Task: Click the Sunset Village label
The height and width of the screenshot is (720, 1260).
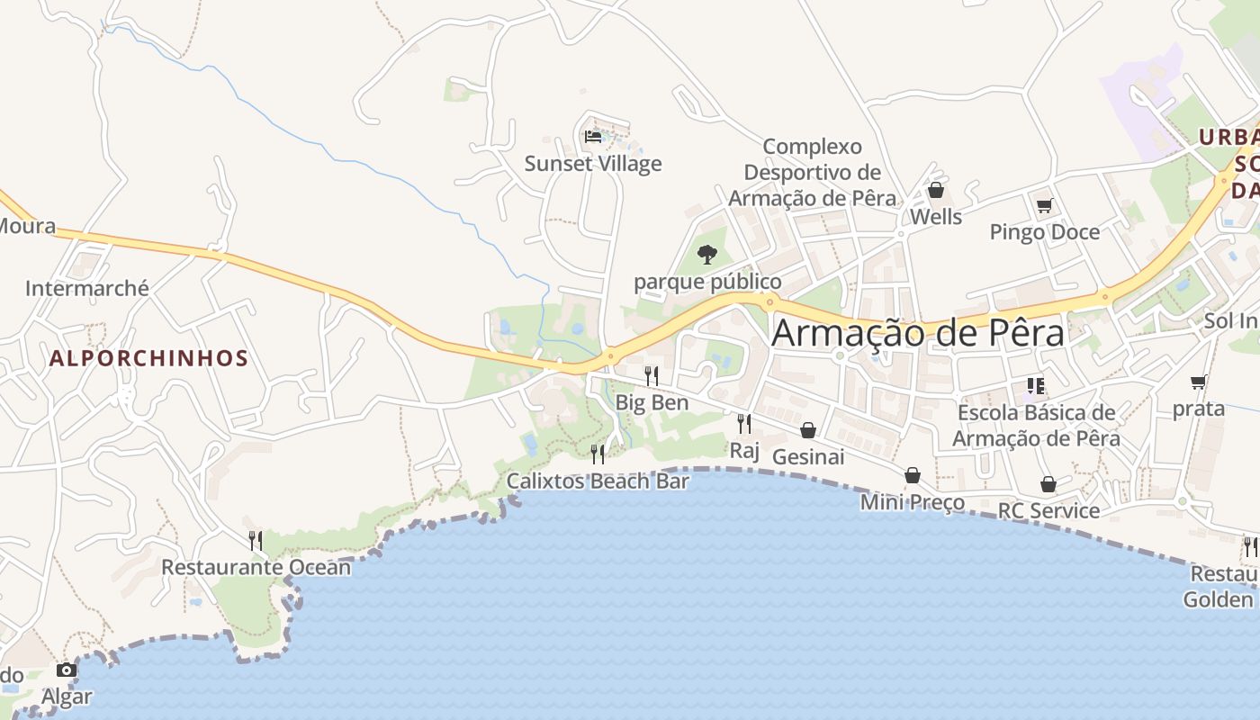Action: [593, 164]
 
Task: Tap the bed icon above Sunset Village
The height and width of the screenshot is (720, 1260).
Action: [593, 137]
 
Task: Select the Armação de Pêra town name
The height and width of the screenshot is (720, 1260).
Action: [918, 333]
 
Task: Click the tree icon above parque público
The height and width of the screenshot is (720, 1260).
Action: [707, 255]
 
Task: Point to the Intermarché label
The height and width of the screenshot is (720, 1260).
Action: [87, 289]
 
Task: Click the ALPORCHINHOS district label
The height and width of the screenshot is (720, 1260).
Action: [148, 358]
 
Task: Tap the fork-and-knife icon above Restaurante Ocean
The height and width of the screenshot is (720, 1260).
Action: [256, 540]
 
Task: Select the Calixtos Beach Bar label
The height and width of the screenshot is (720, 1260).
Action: [598, 481]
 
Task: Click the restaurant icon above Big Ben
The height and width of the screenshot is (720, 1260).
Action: [652, 375]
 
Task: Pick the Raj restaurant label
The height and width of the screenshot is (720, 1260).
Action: [744, 450]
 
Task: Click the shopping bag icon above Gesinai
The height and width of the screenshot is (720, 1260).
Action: [808, 430]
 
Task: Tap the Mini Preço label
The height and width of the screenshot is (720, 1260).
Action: [913, 502]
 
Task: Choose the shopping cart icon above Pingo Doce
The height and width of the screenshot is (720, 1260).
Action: [1044, 206]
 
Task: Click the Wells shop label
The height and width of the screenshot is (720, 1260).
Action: [936, 217]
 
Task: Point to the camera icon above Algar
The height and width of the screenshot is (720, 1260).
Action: [66, 670]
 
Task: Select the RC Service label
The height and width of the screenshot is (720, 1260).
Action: [1048, 511]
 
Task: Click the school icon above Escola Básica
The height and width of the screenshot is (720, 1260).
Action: [1036, 386]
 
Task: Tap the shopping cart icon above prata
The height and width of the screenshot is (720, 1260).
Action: [1198, 382]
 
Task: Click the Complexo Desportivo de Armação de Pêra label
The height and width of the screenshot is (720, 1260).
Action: [813, 172]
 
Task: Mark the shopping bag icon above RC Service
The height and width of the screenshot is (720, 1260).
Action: [1048, 484]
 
